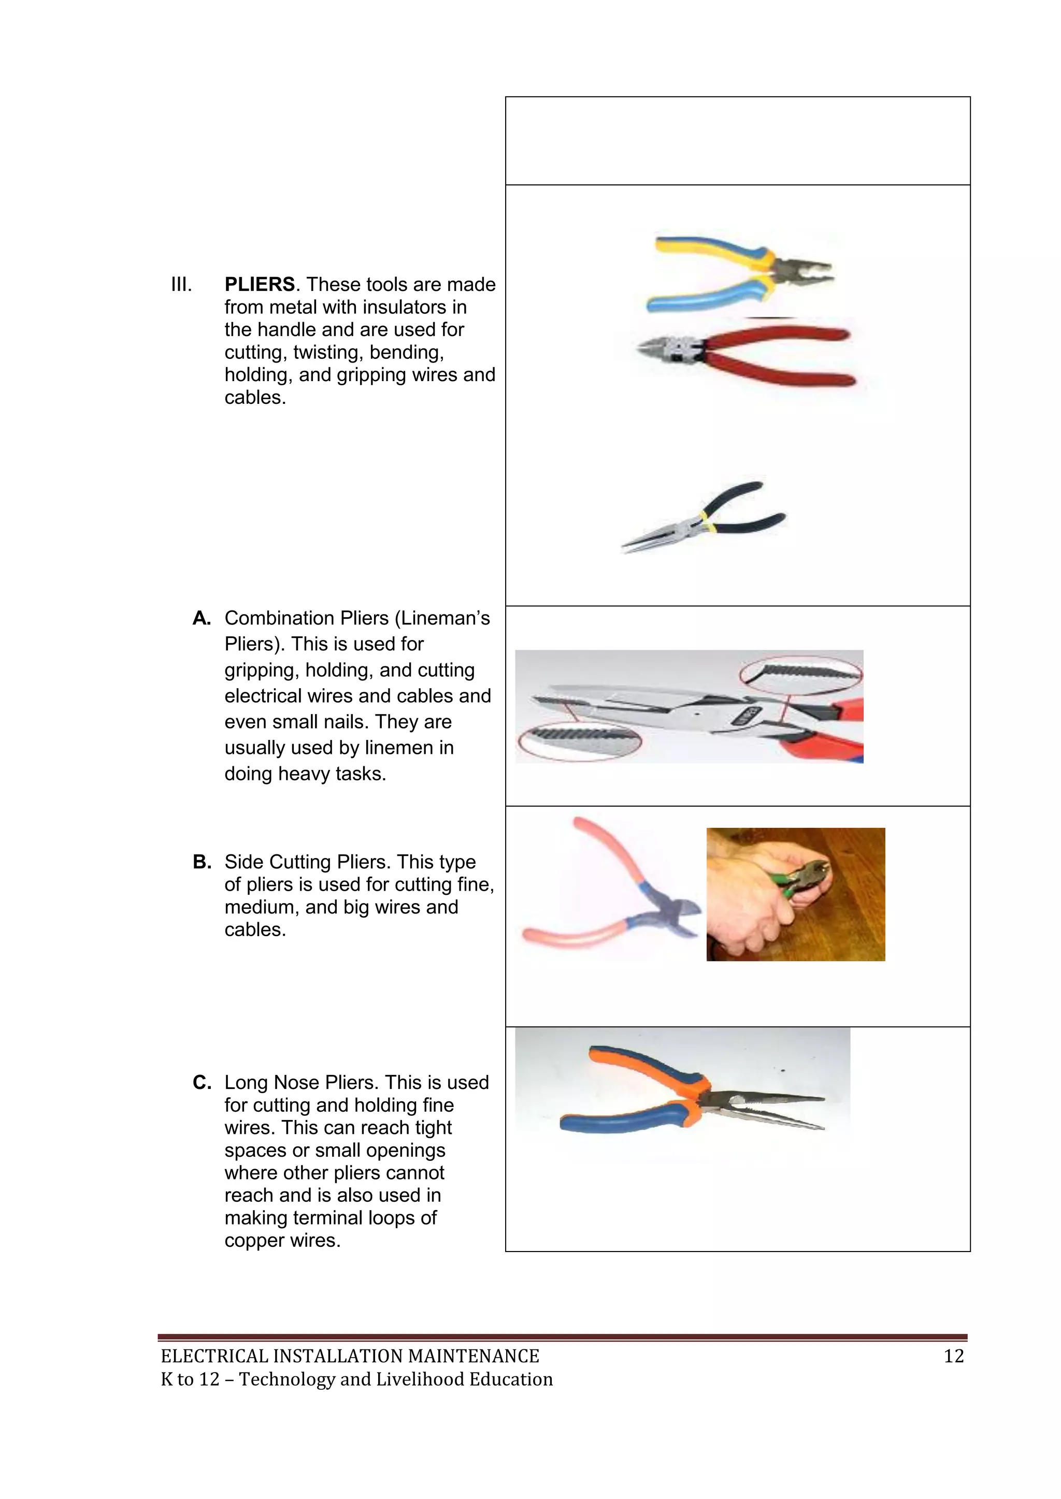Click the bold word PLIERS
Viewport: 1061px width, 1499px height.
[x=260, y=285]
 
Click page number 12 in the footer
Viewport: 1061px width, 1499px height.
[x=953, y=1356]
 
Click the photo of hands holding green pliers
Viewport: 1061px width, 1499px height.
[x=795, y=894]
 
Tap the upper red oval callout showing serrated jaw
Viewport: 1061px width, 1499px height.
[x=801, y=673]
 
